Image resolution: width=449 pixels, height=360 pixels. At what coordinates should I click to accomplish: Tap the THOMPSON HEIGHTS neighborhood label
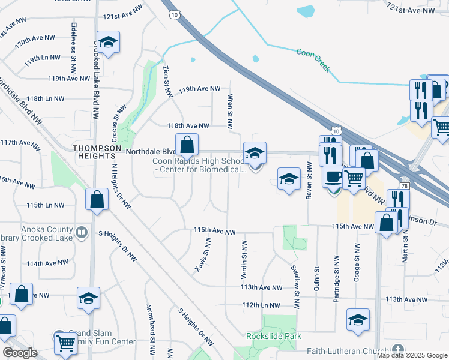coord(97,152)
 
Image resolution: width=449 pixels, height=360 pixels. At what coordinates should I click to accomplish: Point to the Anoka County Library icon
coord(81,231)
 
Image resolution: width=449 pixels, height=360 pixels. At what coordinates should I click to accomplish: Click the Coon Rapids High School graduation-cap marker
coord(254,154)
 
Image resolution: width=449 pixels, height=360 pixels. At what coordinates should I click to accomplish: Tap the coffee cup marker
coord(334,176)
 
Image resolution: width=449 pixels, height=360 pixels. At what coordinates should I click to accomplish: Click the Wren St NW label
coord(229,112)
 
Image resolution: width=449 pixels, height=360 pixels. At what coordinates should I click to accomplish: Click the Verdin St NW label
coord(244,258)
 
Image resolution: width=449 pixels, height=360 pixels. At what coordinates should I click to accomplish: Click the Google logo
coord(20,353)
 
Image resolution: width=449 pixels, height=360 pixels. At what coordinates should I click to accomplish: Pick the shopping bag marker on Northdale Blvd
coord(187,145)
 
